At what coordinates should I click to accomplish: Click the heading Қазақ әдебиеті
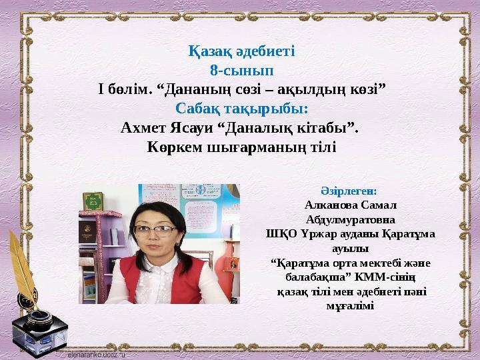tap(242, 51)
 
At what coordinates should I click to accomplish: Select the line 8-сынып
tap(241, 69)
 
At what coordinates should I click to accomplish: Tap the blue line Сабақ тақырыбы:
tap(242, 107)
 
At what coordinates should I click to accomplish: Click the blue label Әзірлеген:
tap(349, 191)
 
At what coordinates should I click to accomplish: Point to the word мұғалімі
tap(350, 306)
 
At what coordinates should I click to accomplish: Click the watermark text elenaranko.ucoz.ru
tap(97, 355)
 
